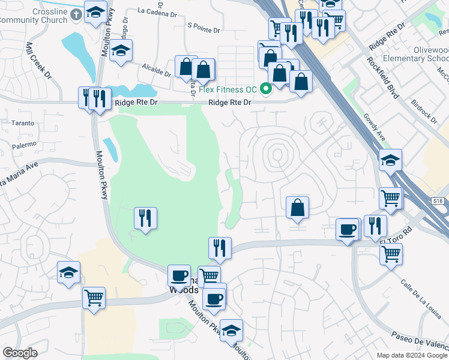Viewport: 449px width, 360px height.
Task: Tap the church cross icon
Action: point(76,13)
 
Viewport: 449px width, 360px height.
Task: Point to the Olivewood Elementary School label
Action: point(420,53)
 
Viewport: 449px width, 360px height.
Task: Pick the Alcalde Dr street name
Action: point(157,70)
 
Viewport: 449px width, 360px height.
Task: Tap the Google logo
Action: point(20,353)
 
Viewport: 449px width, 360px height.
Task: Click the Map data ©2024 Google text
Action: point(411,355)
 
